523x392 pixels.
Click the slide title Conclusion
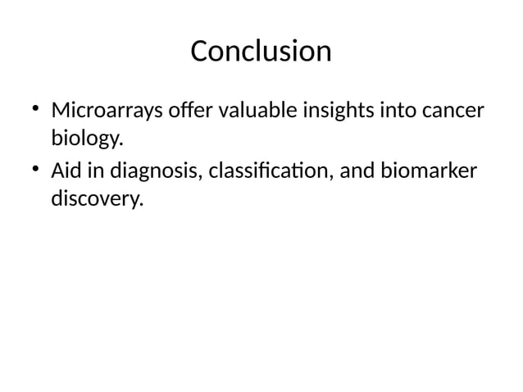pyautogui.click(x=261, y=52)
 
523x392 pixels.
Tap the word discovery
pyautogui.click(x=94, y=199)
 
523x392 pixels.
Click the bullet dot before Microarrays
pyautogui.click(x=35, y=107)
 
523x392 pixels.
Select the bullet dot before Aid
pyautogui.click(x=35, y=170)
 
